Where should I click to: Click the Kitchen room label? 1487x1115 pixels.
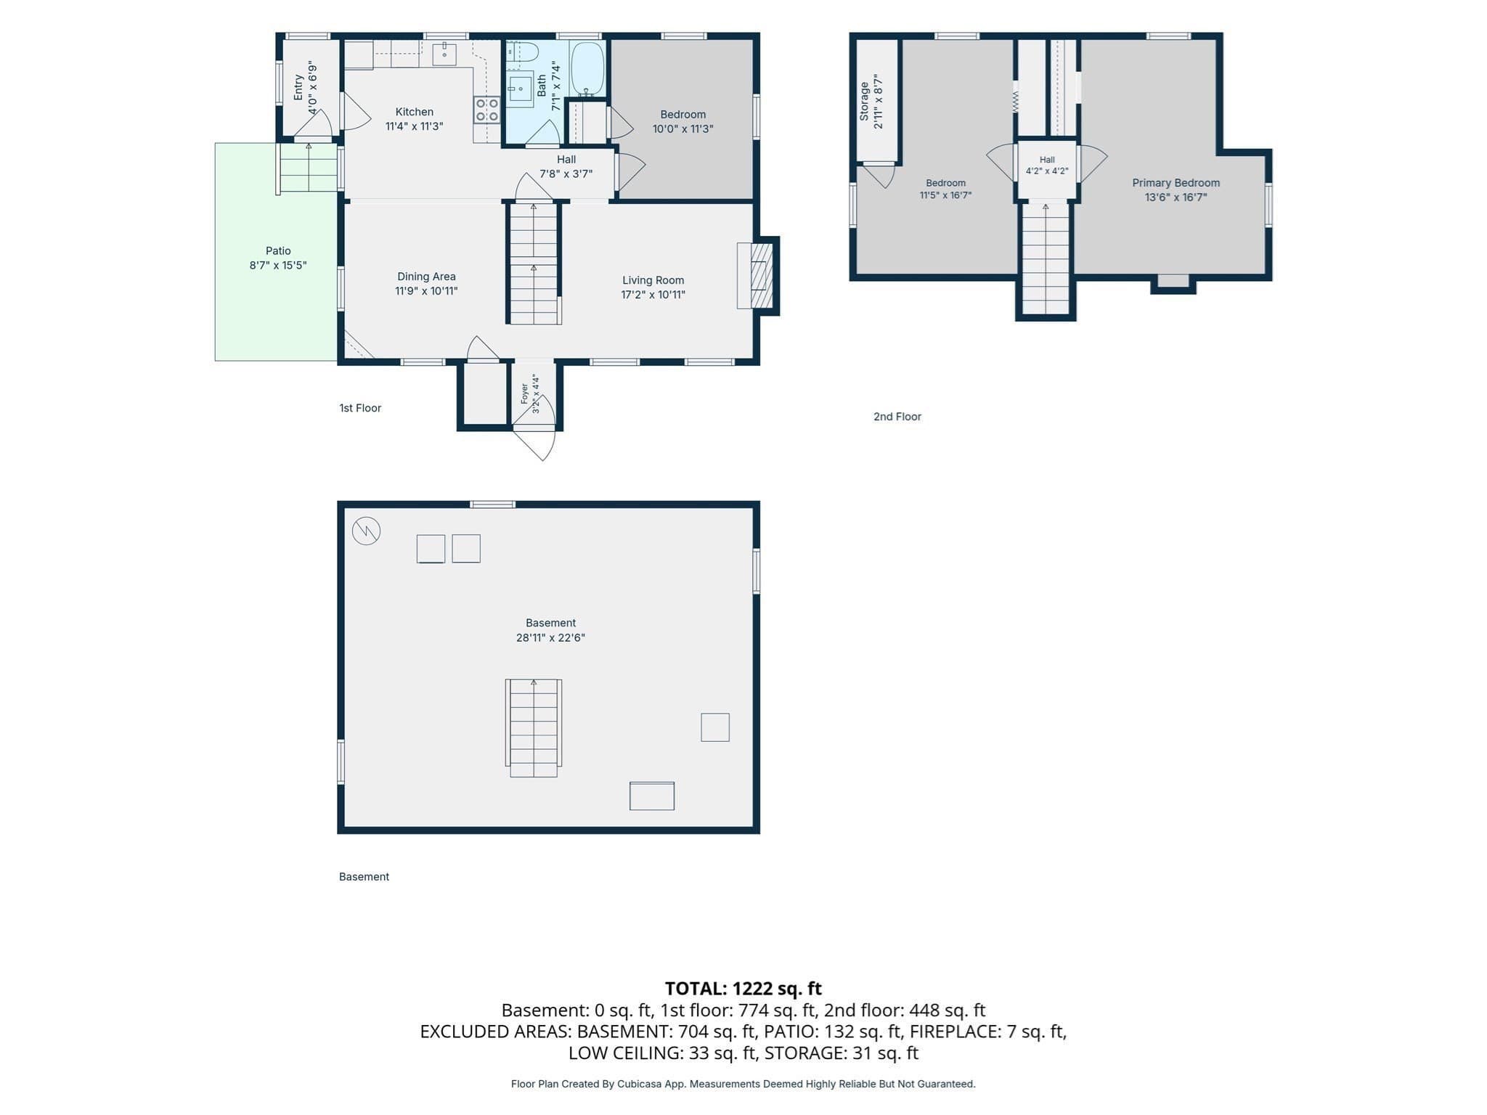[414, 112]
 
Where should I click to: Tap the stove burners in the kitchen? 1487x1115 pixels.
[486, 110]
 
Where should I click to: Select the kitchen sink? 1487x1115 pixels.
[444, 54]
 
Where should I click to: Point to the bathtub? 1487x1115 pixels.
[587, 69]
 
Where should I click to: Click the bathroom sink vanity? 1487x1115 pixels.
[520, 89]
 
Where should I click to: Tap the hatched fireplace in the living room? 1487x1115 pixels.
[759, 276]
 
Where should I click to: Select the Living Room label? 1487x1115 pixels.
[653, 280]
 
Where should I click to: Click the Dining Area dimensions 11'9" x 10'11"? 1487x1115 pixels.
[426, 291]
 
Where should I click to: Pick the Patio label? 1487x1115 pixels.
[278, 250]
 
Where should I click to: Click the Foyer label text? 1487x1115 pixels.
[524, 393]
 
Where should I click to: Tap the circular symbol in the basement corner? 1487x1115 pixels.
[366, 531]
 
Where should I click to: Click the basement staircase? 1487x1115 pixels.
[534, 728]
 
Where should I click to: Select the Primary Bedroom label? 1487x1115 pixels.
[1176, 183]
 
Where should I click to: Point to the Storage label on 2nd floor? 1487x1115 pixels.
[864, 101]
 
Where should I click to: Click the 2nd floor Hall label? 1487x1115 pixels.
[1046, 160]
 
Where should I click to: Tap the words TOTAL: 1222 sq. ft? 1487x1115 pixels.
[743, 988]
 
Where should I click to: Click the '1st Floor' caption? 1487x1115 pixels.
[360, 408]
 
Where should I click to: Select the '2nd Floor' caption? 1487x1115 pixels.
[897, 417]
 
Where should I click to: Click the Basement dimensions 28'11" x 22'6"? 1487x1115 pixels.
[550, 638]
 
